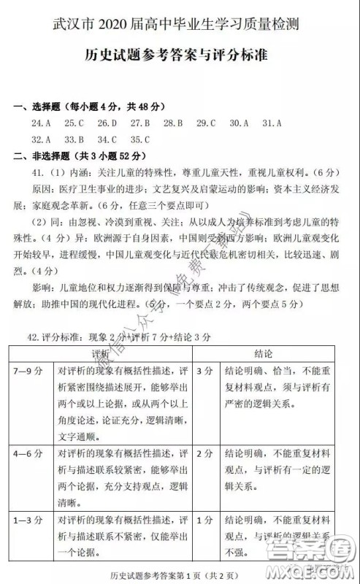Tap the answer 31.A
272,123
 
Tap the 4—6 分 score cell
29,453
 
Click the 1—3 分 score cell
29,520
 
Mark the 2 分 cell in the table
205,453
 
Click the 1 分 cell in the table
205,520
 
